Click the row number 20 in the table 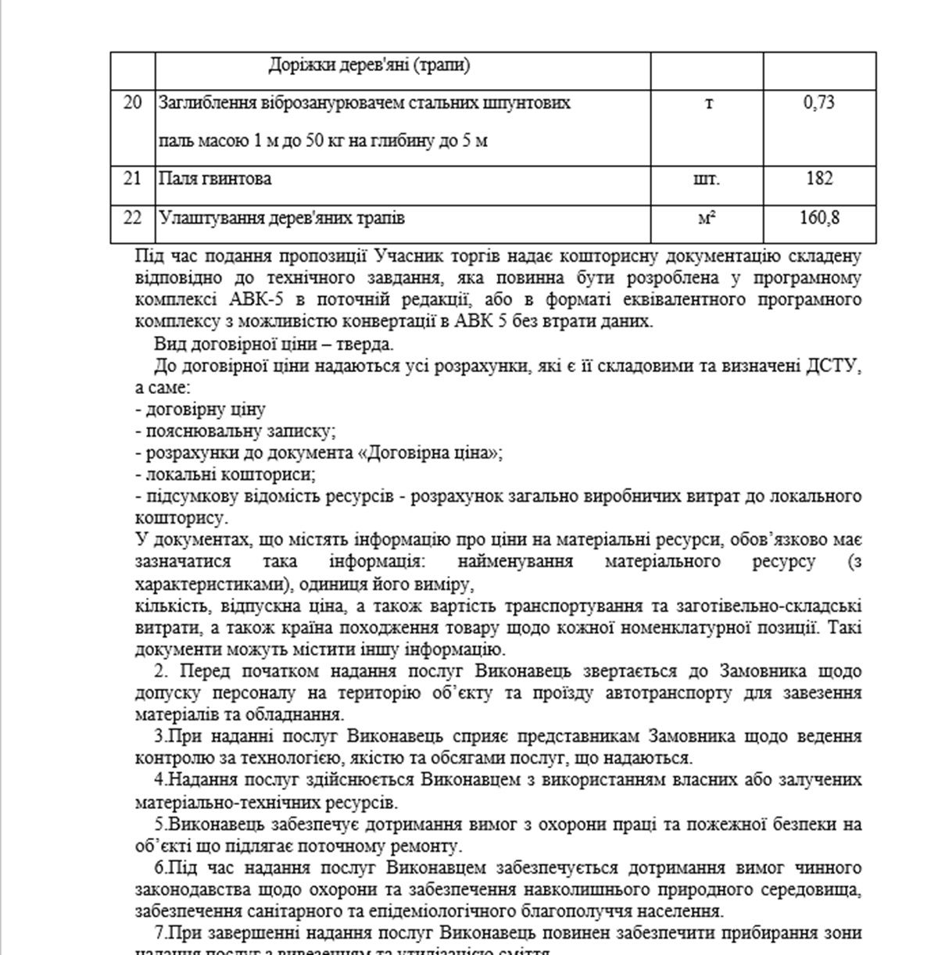(132, 102)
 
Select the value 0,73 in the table (818, 102)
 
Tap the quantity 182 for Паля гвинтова (818, 178)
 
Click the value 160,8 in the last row (818, 217)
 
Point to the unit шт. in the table (707, 178)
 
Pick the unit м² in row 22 (707, 218)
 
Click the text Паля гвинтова (215, 178)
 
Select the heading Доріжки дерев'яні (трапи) (369, 65)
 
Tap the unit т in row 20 (708, 103)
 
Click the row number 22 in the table (132, 217)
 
